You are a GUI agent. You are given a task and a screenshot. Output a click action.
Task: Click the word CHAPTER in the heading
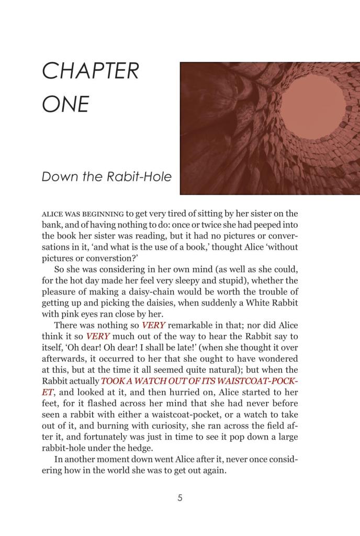[x=90, y=71]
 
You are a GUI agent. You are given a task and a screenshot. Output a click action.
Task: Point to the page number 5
[x=180, y=498]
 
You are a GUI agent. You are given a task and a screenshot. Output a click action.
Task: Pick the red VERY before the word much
[x=97, y=336]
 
